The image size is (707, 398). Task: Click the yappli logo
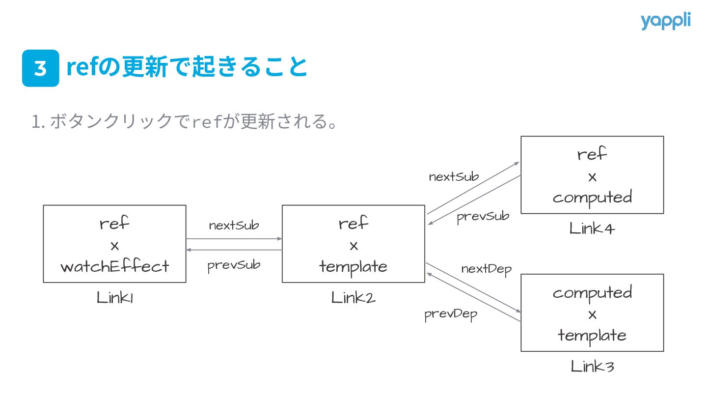click(x=665, y=21)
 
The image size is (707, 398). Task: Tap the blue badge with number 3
click(x=41, y=68)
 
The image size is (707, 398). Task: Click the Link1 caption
click(x=115, y=298)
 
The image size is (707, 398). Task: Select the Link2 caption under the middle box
click(x=353, y=298)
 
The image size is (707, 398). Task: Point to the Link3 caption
click(x=592, y=367)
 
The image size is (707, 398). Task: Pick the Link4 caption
click(x=592, y=228)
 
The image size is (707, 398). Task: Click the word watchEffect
click(x=115, y=266)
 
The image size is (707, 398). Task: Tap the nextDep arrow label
click(x=486, y=269)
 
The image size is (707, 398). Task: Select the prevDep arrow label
click(x=451, y=314)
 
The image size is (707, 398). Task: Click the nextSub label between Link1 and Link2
click(x=234, y=226)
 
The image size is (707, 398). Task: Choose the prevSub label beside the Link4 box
click(x=483, y=216)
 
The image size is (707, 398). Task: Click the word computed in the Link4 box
click(x=592, y=198)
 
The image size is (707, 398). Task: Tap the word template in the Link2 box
click(x=353, y=266)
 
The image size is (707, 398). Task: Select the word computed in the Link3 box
click(x=592, y=292)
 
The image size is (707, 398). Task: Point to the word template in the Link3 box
click(x=592, y=336)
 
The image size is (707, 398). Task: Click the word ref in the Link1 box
click(x=115, y=224)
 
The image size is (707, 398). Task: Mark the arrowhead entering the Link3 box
click(x=518, y=311)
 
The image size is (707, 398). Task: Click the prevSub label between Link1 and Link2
click(x=234, y=265)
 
